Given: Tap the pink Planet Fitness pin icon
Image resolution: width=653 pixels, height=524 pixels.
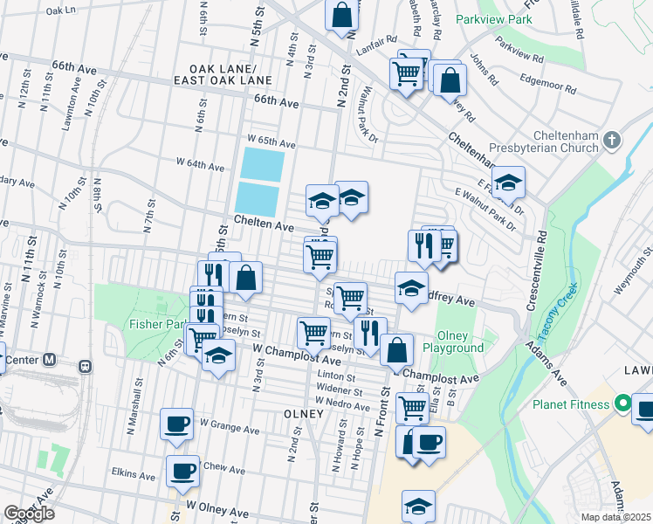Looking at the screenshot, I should click(622, 404).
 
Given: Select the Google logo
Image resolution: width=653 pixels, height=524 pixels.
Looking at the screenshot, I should click(29, 514).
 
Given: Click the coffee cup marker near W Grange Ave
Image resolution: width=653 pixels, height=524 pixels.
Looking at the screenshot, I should click(176, 424).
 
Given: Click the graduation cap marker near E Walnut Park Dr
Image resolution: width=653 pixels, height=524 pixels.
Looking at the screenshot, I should click(507, 183).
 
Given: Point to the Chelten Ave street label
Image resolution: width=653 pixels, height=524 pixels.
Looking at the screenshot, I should click(264, 224).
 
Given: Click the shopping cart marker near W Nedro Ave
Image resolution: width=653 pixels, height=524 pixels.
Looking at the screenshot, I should click(411, 406).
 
